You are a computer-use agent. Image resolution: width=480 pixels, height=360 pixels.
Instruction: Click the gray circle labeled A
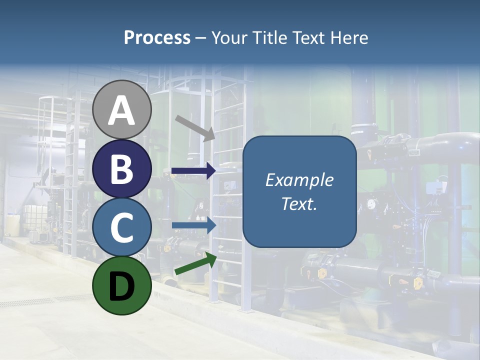(x=122, y=109)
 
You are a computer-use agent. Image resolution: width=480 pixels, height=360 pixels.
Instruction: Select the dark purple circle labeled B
(x=122, y=168)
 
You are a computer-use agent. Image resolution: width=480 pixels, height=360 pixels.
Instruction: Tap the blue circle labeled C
(x=122, y=227)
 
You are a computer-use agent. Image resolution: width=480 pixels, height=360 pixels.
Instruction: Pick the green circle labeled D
(x=122, y=285)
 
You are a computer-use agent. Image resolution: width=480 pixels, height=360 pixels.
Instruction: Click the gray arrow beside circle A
(x=195, y=127)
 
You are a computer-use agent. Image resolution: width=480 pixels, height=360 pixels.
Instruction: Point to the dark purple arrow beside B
(x=193, y=171)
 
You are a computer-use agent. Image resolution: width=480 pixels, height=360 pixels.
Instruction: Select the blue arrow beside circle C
(x=193, y=225)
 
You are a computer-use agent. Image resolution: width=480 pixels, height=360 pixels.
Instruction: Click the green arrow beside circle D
(x=195, y=263)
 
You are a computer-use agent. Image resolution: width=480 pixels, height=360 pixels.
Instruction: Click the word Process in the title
(x=157, y=37)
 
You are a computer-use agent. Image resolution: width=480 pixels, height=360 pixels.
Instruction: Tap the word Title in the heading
(x=270, y=37)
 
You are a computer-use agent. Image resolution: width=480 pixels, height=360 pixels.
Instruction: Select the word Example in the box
(x=299, y=180)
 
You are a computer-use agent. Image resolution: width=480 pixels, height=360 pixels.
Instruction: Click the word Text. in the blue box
(x=299, y=203)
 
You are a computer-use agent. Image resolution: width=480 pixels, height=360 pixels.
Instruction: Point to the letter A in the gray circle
(x=122, y=110)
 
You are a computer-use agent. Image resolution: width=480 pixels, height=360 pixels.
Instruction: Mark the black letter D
(x=122, y=286)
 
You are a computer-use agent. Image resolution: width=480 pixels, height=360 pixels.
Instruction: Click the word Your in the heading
(x=230, y=37)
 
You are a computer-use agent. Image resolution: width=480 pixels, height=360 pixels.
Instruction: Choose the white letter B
(x=122, y=169)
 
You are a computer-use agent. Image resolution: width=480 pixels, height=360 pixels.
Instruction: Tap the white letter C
(x=122, y=227)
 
